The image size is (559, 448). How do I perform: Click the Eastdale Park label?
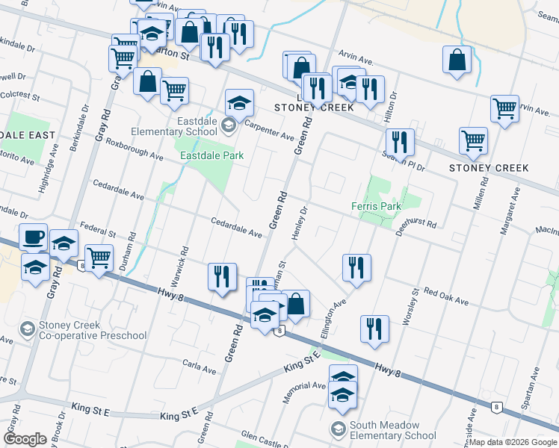point(213,155)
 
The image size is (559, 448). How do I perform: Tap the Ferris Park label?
point(376,206)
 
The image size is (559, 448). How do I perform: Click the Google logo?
point(25,439)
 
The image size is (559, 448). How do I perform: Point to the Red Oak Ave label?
point(446,296)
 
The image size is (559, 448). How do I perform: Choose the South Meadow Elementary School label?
point(397,430)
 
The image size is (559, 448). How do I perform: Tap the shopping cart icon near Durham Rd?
point(99,258)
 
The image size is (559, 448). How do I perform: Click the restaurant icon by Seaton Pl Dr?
point(400,142)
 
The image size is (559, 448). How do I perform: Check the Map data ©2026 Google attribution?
point(513,442)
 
